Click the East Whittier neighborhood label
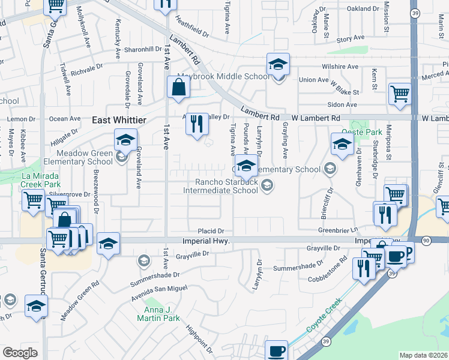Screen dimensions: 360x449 (x=119, y=120)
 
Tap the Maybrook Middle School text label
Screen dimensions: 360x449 (x=223, y=77)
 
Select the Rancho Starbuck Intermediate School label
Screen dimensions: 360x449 (x=221, y=187)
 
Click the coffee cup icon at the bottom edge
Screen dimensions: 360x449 (x=276, y=350)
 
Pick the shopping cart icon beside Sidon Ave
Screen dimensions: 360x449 (x=399, y=94)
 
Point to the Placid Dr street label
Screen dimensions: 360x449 (x=211, y=231)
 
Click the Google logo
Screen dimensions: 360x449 (x=20, y=353)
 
